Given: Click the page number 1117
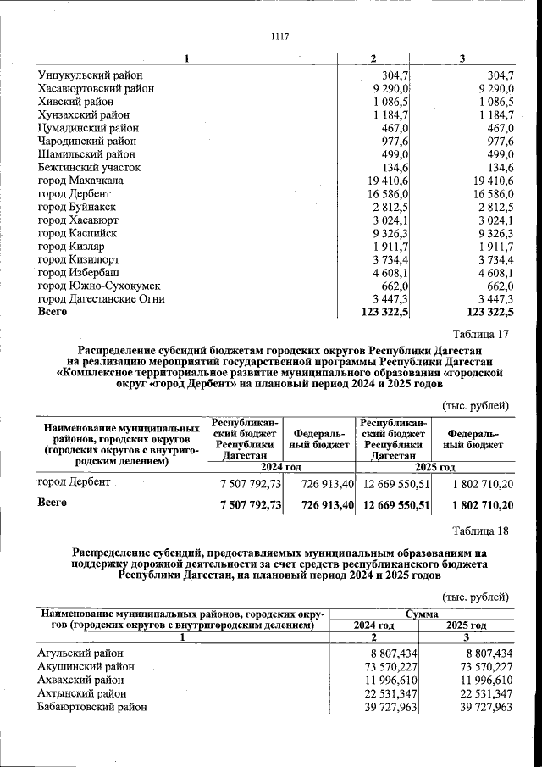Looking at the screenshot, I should pyautogui.click(x=279, y=36).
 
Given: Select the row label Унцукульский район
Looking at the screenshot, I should pyautogui.click(x=91, y=75).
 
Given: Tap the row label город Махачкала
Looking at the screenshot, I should pyautogui.click(x=80, y=181).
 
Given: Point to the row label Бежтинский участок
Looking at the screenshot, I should pyautogui.click(x=89, y=168).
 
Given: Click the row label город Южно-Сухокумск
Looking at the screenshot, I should pyautogui.click(x=99, y=286).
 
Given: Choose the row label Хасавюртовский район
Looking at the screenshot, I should pyautogui.click(x=96, y=88).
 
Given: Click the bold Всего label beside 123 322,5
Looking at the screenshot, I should pyautogui.click(x=53, y=312).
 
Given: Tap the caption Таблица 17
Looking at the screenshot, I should pyautogui.click(x=481, y=334).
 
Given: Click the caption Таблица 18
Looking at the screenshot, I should pyautogui.click(x=481, y=531).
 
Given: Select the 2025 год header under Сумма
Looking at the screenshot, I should pyautogui.click(x=467, y=625).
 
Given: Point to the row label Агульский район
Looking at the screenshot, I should pyautogui.click(x=80, y=653).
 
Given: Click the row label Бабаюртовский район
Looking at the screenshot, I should pyautogui.click(x=92, y=706).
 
